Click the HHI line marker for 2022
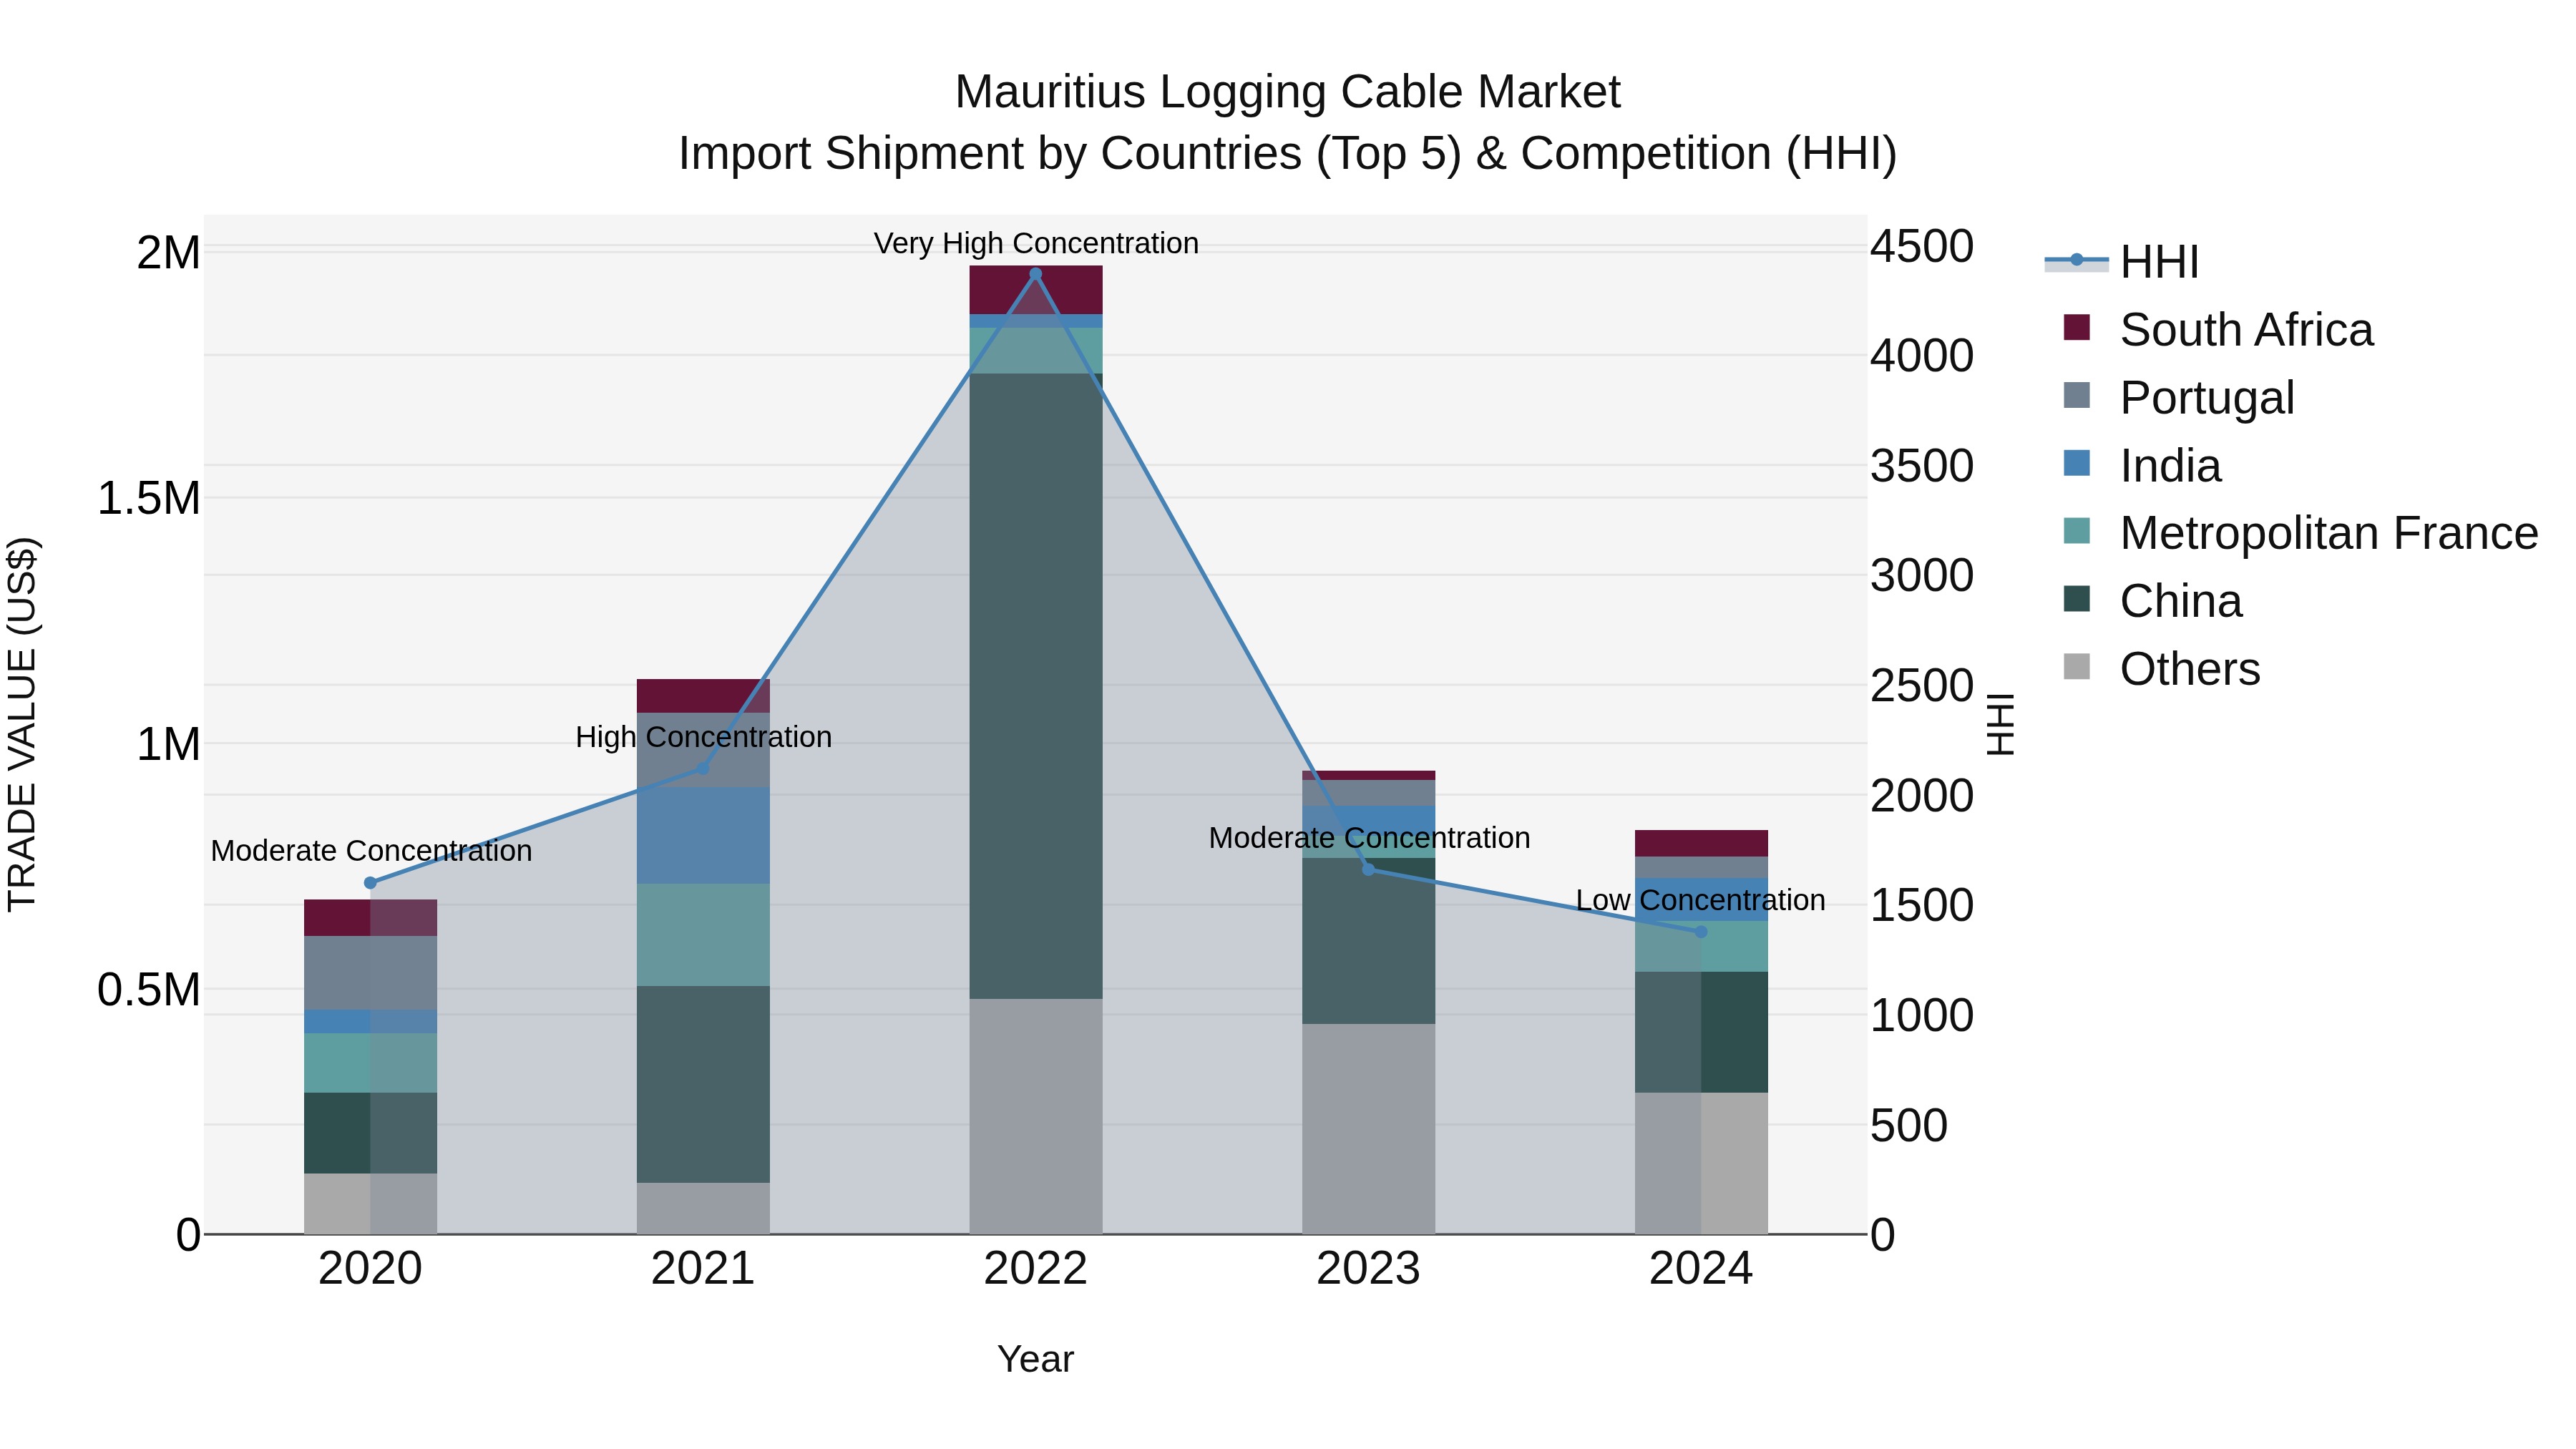1035,274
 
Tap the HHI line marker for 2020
370,883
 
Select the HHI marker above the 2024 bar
1701,932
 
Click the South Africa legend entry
2245,330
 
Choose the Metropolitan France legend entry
2328,533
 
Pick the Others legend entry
2189,669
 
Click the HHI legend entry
2158,262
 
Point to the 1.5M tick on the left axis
148,498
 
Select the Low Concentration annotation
1700,900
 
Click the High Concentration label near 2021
703,737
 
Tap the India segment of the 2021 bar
703,835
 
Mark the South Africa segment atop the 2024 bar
1701,843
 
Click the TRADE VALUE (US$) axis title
22,724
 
